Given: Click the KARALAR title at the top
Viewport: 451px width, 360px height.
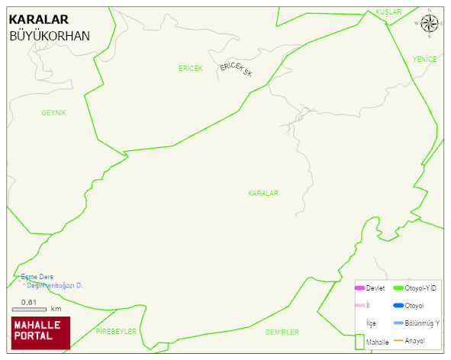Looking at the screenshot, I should pos(39,20).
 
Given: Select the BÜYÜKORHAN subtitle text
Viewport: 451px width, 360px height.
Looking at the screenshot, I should pos(50,36).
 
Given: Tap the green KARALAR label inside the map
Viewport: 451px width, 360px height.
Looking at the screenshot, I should pos(263,194).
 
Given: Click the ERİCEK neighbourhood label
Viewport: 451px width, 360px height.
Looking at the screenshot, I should pos(190,69).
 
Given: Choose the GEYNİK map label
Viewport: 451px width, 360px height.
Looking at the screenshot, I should pos(54,113).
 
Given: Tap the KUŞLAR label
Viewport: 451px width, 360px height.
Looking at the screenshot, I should pos(388,12).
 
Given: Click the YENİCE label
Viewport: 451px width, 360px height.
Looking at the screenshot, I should pos(424,59).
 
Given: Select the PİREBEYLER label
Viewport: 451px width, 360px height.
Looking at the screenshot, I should pos(116,332).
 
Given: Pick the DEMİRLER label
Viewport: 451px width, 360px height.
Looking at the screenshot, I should pos(282,332).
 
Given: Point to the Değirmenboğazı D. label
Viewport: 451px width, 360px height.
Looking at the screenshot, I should pos(54,285).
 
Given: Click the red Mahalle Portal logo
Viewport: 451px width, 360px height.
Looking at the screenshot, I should pos(40,332).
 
